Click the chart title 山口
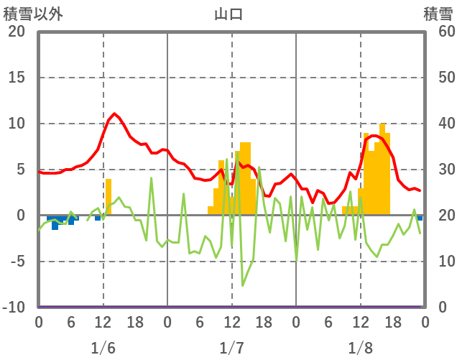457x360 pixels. click(x=228, y=14)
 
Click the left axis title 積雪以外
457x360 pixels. click(x=33, y=14)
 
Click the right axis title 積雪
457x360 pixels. click(x=438, y=14)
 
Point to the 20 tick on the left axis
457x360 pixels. click(x=17, y=32)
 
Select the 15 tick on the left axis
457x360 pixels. click(x=17, y=78)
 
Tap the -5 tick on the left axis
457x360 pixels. click(x=17, y=262)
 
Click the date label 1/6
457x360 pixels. click(x=103, y=348)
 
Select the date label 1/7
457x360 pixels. click(x=231, y=348)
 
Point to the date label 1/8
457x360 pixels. click(x=360, y=348)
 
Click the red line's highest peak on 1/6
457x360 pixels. click(x=114, y=114)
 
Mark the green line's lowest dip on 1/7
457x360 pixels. click(x=242, y=285)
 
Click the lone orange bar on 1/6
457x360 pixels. click(x=109, y=196)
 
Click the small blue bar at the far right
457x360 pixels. click(x=420, y=218)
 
